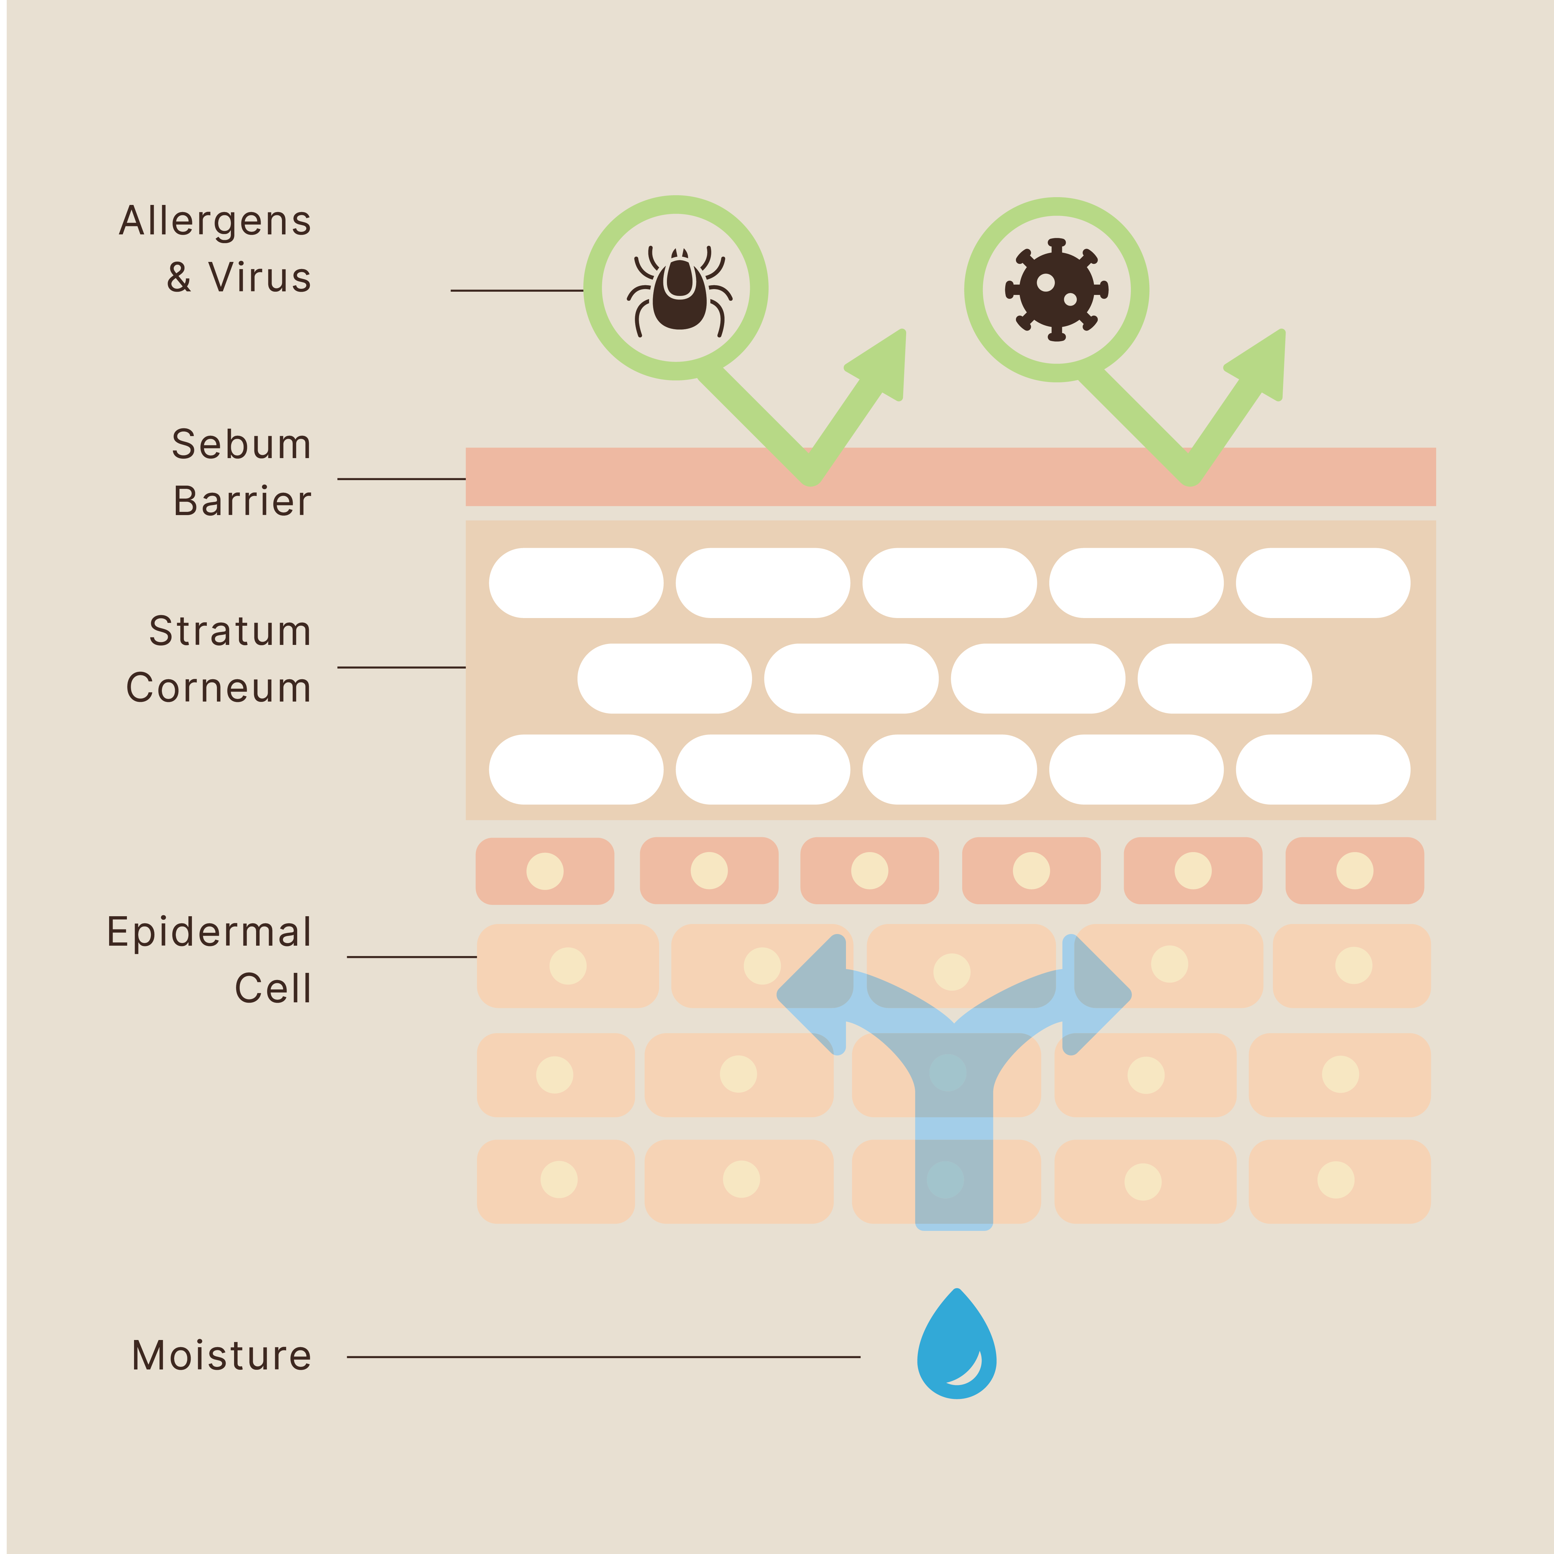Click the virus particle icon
1056,289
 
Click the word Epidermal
209,932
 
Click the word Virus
260,277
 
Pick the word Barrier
242,501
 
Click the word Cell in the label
273,988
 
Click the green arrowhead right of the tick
881,362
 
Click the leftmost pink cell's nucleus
545,871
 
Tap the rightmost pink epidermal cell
1355,871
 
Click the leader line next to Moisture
603,1357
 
